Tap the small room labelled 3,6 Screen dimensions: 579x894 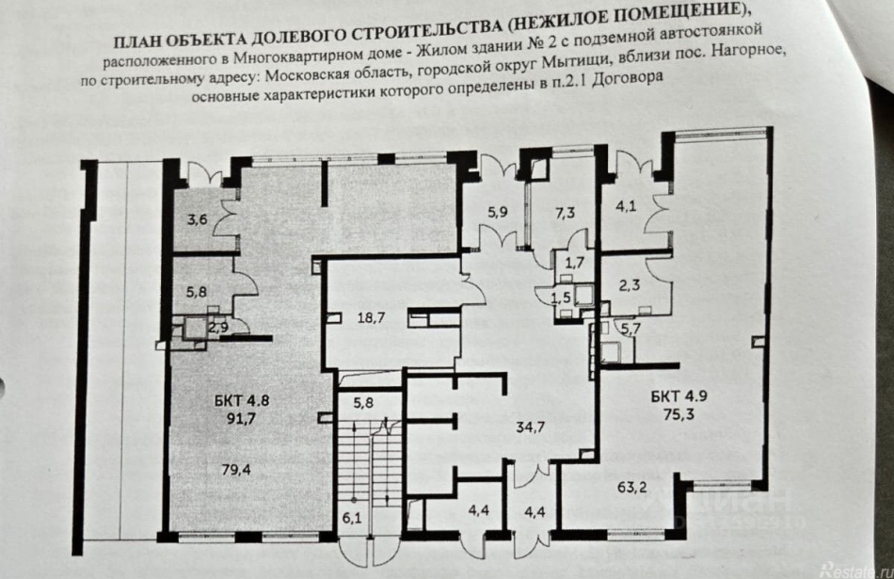point(197,220)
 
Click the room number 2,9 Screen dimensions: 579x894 point(217,328)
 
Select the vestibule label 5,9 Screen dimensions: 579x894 point(497,213)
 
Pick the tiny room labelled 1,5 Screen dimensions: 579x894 point(561,298)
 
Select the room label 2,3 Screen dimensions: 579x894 point(630,280)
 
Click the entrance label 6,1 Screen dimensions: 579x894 point(352,516)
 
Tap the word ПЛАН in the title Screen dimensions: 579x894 point(139,40)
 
